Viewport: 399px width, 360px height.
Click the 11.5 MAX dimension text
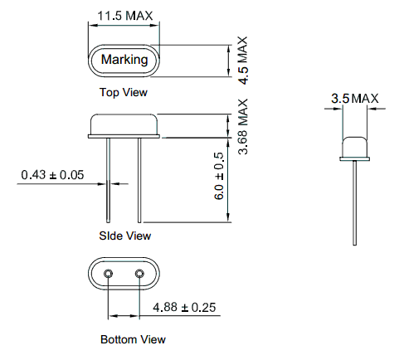(x=125, y=16)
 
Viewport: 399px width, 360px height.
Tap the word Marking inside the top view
(x=124, y=60)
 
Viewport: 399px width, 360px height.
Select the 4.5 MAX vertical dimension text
(x=243, y=61)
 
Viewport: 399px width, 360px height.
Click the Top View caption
(x=124, y=92)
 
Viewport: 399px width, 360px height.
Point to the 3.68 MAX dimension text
(x=243, y=127)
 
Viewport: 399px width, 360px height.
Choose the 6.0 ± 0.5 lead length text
(x=219, y=176)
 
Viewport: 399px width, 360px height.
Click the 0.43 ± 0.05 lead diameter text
(x=52, y=175)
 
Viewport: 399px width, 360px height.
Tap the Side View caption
(x=125, y=236)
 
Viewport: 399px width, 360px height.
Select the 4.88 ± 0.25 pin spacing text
(x=184, y=307)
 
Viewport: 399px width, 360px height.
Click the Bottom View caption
(x=133, y=339)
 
